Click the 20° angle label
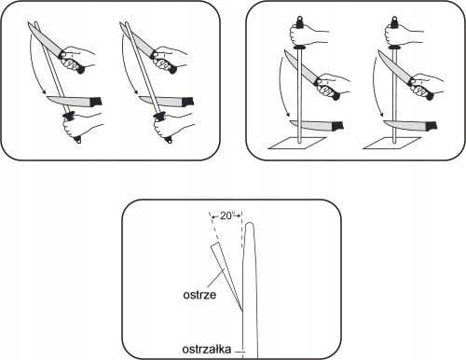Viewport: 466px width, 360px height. (x=226, y=215)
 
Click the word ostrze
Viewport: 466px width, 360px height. (x=199, y=294)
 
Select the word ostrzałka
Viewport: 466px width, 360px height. (x=207, y=349)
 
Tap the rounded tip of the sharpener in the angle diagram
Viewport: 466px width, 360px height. (x=250, y=224)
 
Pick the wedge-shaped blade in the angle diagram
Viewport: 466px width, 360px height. (x=225, y=273)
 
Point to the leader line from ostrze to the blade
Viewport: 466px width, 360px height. (x=214, y=280)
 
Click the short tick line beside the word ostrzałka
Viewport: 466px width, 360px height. (x=240, y=352)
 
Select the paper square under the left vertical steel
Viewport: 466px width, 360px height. (x=297, y=143)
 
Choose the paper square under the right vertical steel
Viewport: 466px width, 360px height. (x=392, y=143)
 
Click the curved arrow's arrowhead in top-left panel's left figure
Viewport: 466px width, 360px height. (x=44, y=92)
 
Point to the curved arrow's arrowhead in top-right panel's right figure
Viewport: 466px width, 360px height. (x=381, y=118)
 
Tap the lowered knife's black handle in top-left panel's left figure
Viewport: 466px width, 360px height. (x=96, y=102)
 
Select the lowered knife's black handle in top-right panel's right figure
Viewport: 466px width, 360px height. (x=432, y=125)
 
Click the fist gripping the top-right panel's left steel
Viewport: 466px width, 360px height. (x=299, y=34)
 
